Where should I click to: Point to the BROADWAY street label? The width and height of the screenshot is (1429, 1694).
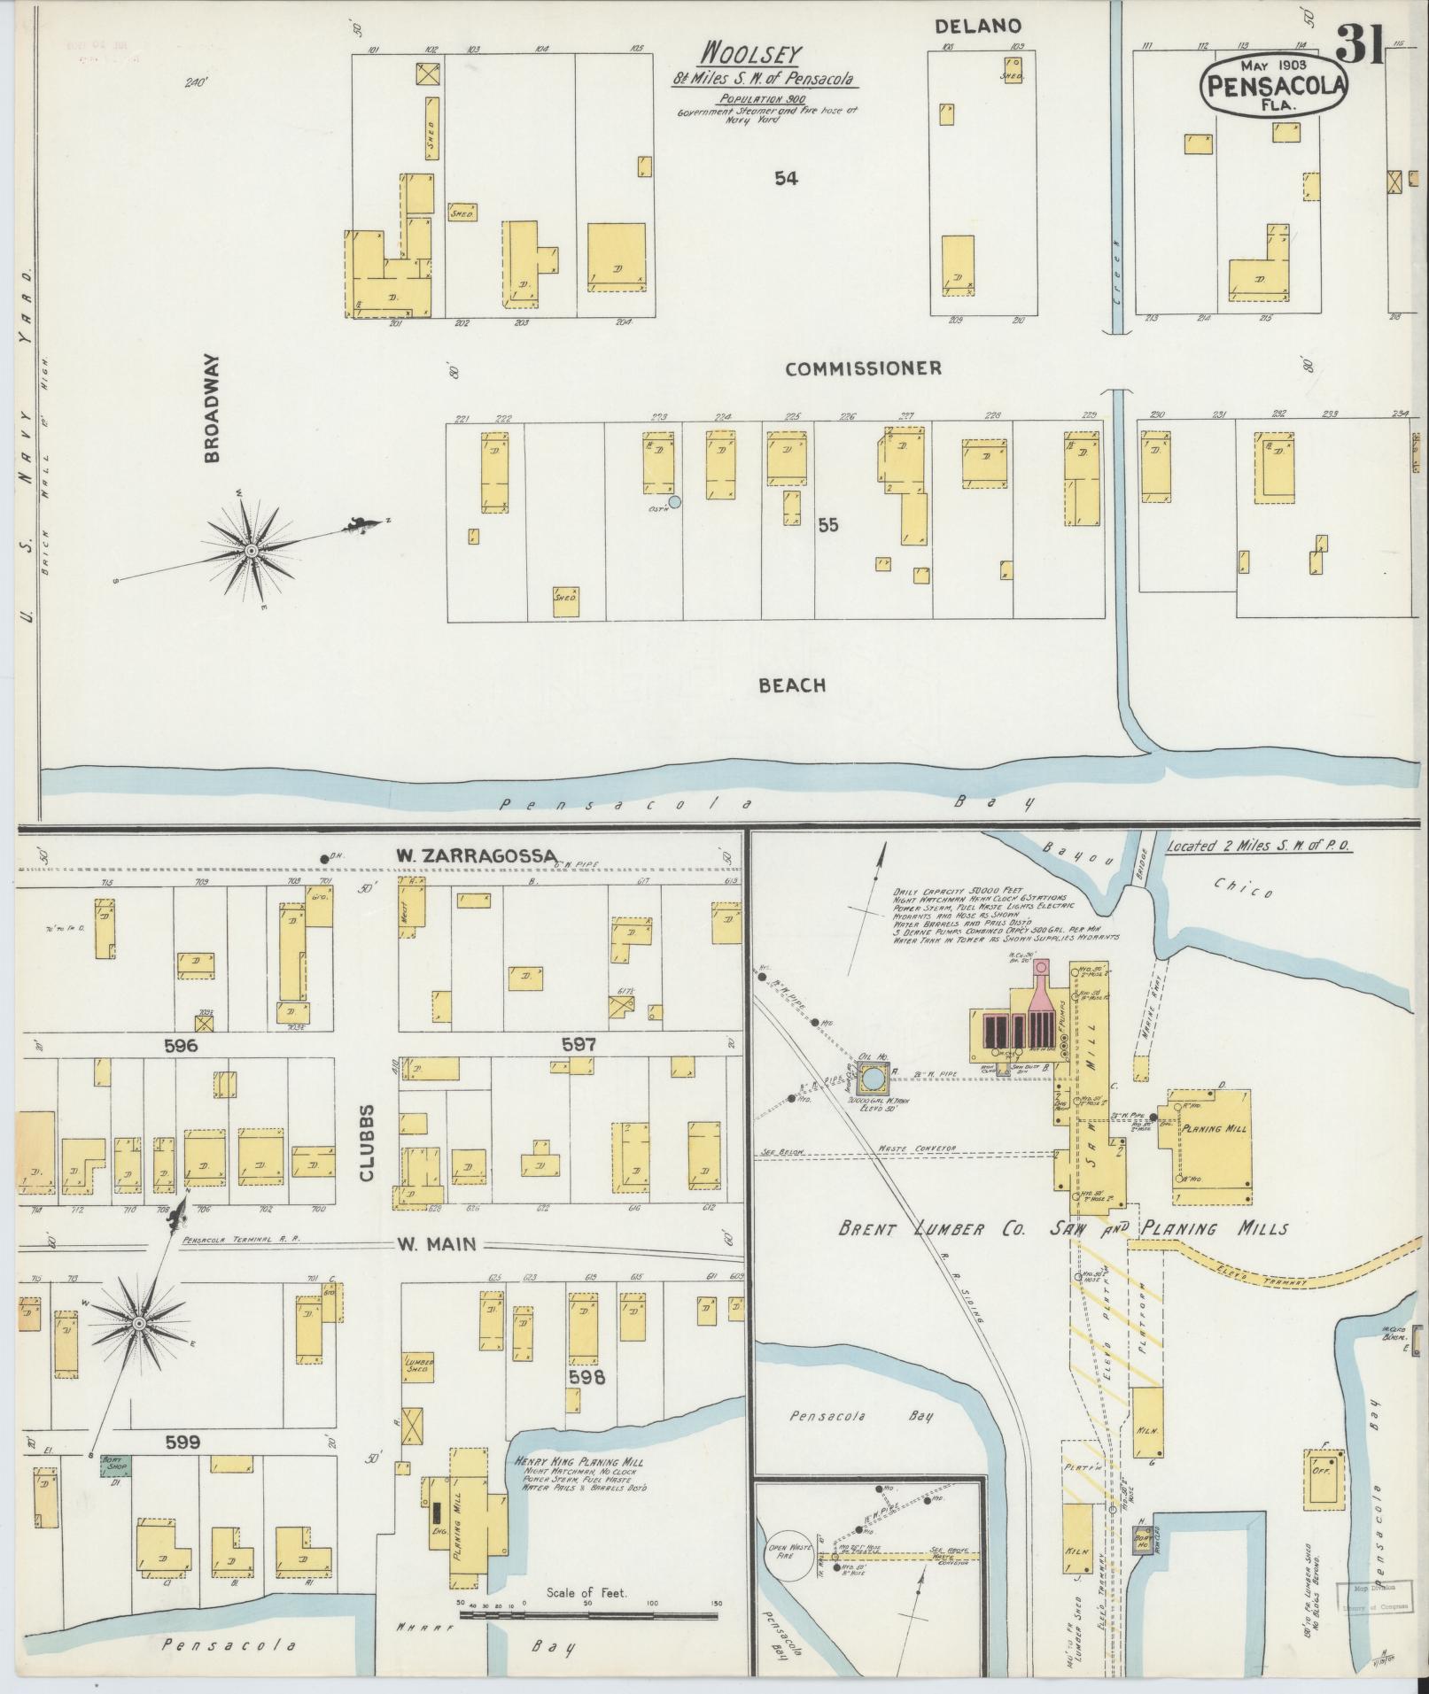tap(212, 409)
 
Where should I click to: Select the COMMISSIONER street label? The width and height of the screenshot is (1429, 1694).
tap(863, 369)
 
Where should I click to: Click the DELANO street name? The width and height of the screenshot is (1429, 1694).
tap(978, 27)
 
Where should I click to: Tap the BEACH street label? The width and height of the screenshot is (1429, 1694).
tap(792, 685)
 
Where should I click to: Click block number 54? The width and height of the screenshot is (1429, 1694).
tap(785, 179)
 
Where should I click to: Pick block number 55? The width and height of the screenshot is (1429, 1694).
tap(827, 525)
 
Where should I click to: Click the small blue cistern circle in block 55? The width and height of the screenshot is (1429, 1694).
tap(674, 502)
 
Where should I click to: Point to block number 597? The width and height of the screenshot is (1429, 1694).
tap(578, 1045)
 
